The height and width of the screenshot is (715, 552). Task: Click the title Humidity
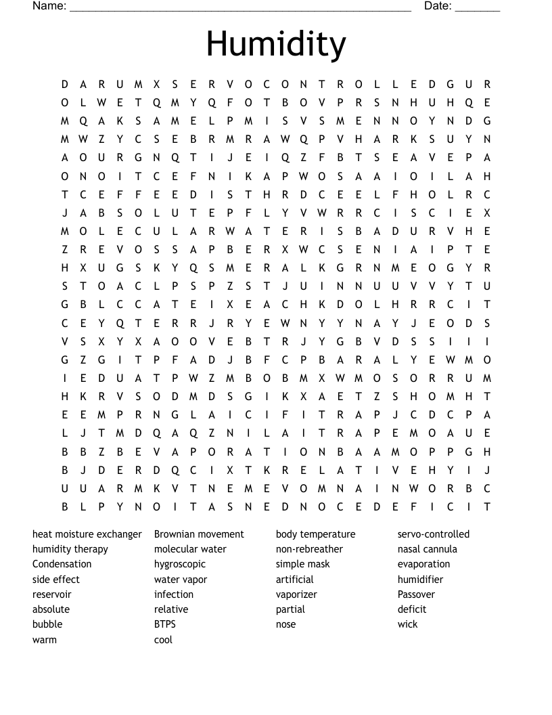coord(276,43)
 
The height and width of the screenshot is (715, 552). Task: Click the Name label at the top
coord(49,6)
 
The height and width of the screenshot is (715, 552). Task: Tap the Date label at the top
coord(438,6)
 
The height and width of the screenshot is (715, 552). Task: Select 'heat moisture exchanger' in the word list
coord(87,534)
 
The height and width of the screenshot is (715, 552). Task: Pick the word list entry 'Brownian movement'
coord(199,534)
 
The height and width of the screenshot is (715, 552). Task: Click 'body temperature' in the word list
coord(315,534)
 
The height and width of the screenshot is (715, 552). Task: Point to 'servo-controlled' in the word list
coord(433,534)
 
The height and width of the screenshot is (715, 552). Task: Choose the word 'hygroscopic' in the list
coord(180,564)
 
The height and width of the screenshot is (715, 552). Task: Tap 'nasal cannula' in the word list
coord(428,549)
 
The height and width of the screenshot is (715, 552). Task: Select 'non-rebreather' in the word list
coord(309,549)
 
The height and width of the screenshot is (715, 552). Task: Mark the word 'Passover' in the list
coord(416,594)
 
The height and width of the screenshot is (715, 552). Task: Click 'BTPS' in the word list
coord(164,624)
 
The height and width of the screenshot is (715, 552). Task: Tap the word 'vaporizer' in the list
coord(296,594)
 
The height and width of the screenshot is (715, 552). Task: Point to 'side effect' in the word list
coord(56,580)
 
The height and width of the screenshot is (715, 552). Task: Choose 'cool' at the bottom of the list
coord(163,640)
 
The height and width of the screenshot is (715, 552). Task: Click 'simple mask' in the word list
coord(303,564)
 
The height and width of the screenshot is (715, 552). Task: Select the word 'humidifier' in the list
coord(420,580)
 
